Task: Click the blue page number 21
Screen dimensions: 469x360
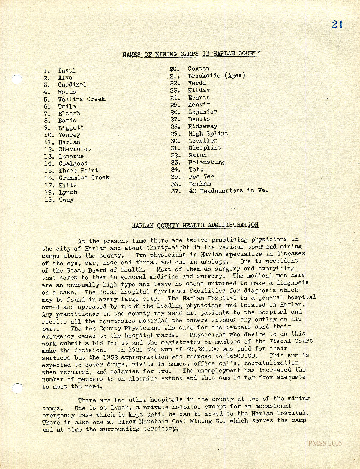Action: [337, 24]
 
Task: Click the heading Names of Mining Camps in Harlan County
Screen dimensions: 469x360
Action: [191, 54]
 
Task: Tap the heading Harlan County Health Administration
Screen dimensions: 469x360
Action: [195, 225]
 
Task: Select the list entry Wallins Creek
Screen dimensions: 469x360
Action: [82, 99]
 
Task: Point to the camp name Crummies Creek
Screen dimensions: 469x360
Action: [84, 178]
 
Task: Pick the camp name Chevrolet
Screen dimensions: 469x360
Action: [75, 149]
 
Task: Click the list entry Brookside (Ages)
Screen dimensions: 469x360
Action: [217, 76]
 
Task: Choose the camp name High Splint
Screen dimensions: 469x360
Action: [208, 133]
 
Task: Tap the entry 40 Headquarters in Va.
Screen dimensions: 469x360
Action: [228, 191]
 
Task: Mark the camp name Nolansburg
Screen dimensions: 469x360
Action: [206, 162]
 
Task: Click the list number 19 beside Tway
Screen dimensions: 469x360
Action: [49, 200]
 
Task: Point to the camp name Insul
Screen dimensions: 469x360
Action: [67, 71]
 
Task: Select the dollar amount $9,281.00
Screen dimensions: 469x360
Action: [202, 349]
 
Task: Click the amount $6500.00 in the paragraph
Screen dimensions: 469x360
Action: [242, 356]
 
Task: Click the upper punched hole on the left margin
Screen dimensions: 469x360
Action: [17, 79]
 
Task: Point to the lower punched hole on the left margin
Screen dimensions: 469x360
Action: [17, 388]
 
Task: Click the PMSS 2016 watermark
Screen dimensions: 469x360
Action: [325, 443]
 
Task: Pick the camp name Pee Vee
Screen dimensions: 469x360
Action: [201, 177]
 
